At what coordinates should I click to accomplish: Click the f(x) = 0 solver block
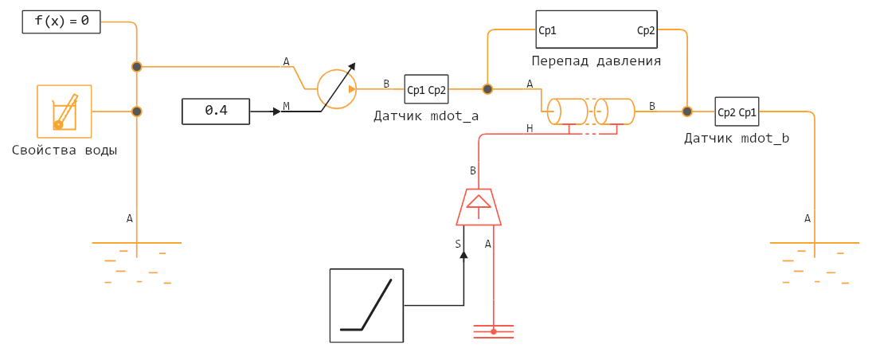tap(61, 22)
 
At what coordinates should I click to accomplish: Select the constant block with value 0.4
tap(216, 111)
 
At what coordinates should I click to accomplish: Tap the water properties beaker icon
tap(65, 112)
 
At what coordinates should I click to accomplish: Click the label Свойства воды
tap(65, 150)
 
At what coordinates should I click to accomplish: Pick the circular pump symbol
tap(337, 89)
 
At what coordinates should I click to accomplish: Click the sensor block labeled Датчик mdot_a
tap(426, 90)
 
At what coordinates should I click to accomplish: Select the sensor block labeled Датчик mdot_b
tap(737, 112)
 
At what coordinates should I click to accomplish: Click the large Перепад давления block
tap(596, 31)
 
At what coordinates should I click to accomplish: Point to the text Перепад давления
tap(596, 61)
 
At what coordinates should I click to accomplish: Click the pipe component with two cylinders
tap(593, 112)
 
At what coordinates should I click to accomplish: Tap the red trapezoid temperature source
tap(479, 206)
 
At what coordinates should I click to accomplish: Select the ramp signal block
tap(366, 305)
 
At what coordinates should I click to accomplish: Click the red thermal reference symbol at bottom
tap(493, 331)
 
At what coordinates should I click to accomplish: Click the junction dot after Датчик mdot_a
tap(487, 89)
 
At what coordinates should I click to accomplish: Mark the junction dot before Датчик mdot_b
tap(687, 112)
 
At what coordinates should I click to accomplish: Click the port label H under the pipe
tap(530, 128)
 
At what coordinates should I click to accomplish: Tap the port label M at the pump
tap(286, 106)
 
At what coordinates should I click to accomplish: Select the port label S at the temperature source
tap(458, 245)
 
